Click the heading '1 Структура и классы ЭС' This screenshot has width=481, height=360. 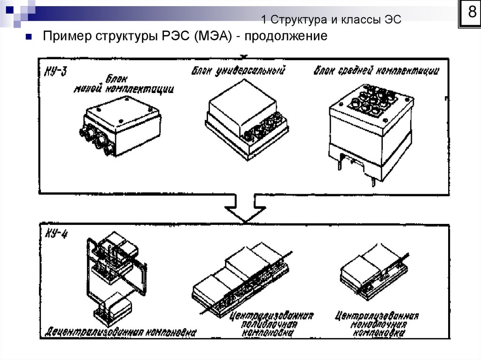[331, 19]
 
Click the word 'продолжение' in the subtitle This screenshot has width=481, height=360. [285, 37]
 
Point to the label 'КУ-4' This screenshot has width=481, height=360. [55, 234]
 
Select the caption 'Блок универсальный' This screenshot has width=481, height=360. [239, 71]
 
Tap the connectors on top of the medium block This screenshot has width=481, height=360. [371, 99]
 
